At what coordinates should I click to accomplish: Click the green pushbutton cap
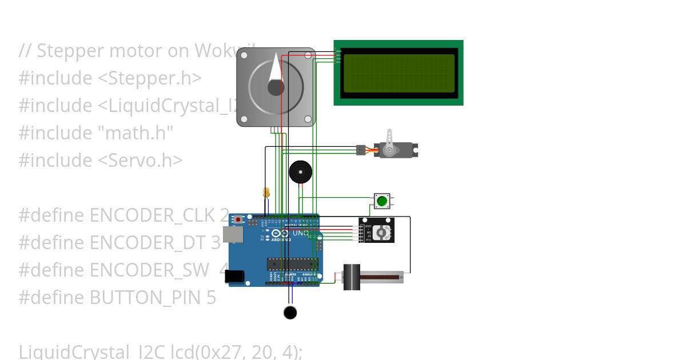pos(382,201)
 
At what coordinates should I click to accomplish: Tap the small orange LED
pos(266,192)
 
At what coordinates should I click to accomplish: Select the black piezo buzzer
pos(301,172)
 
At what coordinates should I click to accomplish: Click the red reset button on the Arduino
pos(238,219)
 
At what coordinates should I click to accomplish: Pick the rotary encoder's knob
pos(386,231)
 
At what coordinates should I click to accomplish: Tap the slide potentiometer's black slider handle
pos(352,277)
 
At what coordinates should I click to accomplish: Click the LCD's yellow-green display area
pos(398,73)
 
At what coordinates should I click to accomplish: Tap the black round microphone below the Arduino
pos(290,313)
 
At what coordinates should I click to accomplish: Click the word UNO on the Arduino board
pos(301,233)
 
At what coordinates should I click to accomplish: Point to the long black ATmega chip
pos(292,263)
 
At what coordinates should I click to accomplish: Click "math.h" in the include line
pos(137,133)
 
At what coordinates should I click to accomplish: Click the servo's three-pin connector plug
pos(360,150)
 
